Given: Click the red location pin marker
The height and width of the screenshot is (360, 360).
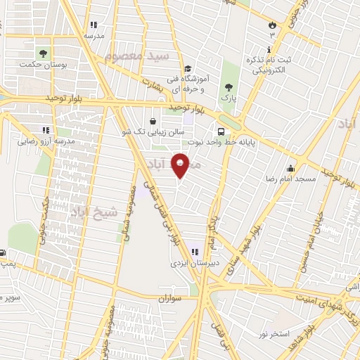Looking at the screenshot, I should pyautogui.click(x=181, y=165).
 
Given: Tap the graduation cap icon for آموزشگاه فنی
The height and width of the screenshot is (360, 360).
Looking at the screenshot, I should pyautogui.click(x=187, y=69).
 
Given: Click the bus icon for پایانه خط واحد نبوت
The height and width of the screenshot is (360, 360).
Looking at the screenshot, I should pyautogui.click(x=222, y=131).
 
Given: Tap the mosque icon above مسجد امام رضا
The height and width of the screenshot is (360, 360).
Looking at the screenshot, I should pyautogui.click(x=290, y=168).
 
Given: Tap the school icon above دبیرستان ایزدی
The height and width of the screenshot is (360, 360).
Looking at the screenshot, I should pyautogui.click(x=194, y=252).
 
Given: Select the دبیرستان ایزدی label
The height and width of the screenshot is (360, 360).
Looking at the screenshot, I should pyautogui.click(x=190, y=264).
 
